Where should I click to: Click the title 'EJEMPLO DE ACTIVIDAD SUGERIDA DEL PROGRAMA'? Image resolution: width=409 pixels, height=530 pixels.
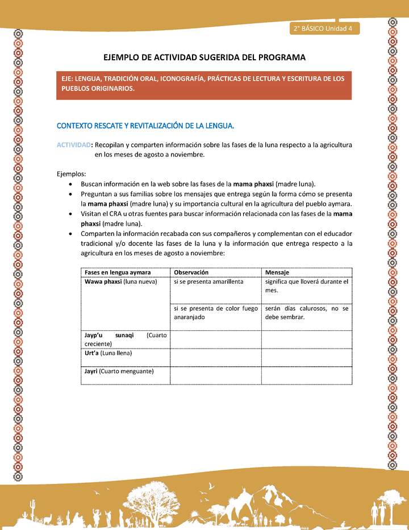pos(204,57)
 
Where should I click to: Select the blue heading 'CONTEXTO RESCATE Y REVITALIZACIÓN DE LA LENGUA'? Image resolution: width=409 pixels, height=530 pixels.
pos(145,125)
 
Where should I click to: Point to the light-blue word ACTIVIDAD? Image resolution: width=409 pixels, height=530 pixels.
pos(73,145)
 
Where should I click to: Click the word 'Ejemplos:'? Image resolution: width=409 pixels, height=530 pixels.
pos(72,174)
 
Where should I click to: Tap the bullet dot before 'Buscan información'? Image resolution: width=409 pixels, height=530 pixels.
pos(69,185)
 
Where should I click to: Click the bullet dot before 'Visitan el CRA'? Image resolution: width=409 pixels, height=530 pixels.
pos(69,214)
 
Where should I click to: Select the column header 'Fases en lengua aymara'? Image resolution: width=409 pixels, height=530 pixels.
pos(118,272)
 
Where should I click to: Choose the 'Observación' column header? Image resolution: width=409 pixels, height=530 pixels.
pos(191,272)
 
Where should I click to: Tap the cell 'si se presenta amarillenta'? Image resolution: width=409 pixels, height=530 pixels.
pos(208,281)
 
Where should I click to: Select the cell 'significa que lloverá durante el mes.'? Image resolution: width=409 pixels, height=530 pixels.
pos(306,286)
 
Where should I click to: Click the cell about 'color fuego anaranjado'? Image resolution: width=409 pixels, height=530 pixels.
pos(215,312)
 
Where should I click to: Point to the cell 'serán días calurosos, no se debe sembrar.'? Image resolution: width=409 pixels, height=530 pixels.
pos(306,312)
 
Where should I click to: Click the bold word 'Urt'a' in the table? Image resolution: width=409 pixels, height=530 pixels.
pos(91,353)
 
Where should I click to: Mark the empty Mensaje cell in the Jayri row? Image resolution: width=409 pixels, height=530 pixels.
pos(306,375)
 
